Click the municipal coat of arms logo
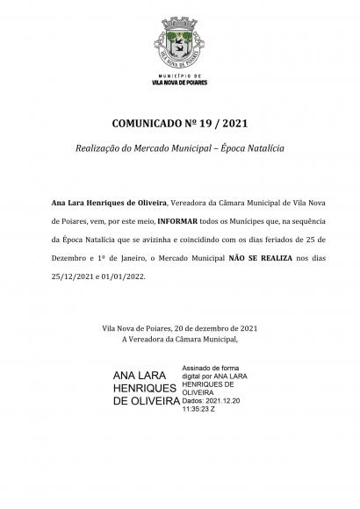coord(179,42)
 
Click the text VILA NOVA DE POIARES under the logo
coord(179,85)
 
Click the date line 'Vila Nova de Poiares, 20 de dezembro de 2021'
coord(179,327)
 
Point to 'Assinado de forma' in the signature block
coord(211,368)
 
